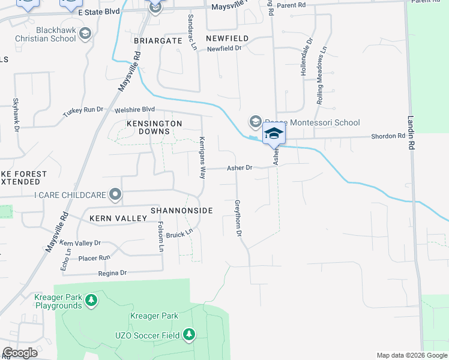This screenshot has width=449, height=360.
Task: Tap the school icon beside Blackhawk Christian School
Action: (x=85, y=34)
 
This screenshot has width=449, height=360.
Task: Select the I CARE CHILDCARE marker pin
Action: (x=115, y=194)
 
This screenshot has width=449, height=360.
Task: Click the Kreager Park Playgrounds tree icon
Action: (x=91, y=299)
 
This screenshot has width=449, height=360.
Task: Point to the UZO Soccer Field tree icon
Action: (x=189, y=334)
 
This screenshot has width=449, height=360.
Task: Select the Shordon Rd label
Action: (x=388, y=136)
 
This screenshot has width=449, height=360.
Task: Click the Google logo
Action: (x=20, y=353)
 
